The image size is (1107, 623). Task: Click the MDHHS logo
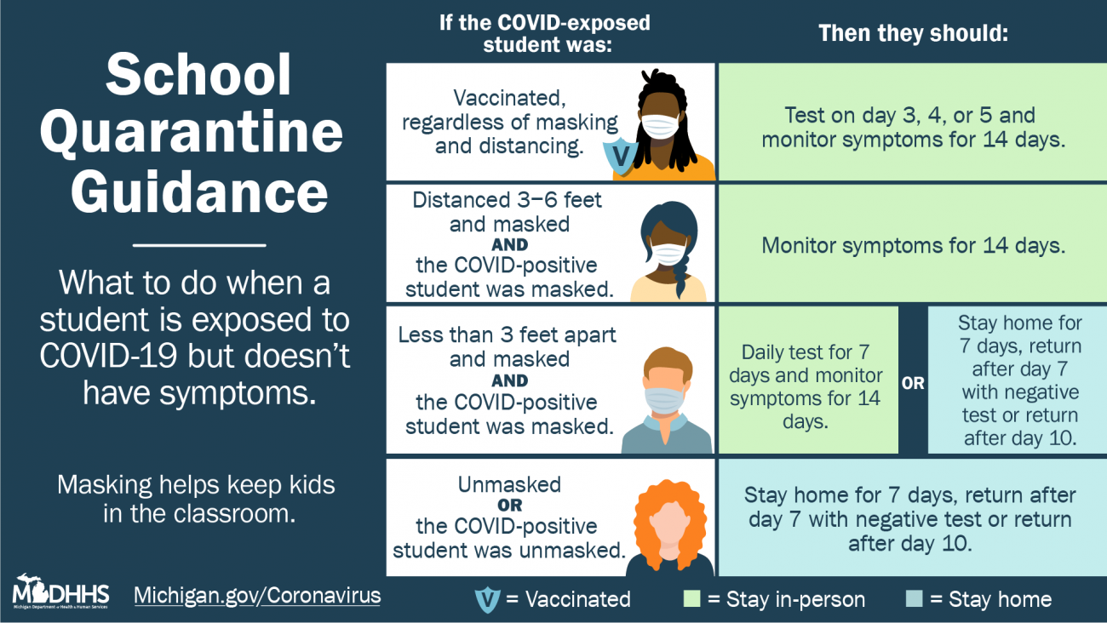[60, 592]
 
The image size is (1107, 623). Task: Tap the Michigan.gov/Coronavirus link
[257, 596]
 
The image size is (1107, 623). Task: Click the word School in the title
[198, 75]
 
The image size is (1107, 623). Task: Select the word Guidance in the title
[199, 192]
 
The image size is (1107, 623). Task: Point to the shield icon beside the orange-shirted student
[620, 155]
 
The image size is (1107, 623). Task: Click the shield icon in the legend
[487, 599]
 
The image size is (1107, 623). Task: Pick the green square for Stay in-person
[691, 598]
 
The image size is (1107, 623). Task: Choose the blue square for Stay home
[914, 598]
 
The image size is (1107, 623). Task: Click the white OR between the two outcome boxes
[913, 383]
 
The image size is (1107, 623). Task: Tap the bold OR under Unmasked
[509, 506]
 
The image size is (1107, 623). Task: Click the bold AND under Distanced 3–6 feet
[509, 245]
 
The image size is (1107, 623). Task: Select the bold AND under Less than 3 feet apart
[509, 381]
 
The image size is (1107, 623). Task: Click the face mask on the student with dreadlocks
[660, 127]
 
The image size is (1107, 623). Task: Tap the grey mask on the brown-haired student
[665, 400]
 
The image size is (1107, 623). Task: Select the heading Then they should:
[913, 33]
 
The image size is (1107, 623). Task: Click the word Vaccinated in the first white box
[509, 98]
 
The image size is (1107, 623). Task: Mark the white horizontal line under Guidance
[199, 245]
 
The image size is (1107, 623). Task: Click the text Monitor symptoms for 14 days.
[913, 246]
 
